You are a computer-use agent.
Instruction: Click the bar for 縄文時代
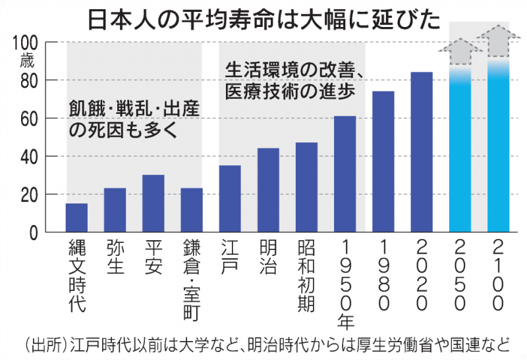click(76, 218)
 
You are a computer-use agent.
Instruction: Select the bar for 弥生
click(115, 211)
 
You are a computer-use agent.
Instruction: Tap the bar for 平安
click(153, 203)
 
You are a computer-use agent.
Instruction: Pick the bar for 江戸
click(230, 199)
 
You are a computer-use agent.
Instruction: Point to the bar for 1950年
click(345, 174)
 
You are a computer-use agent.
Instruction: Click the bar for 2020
click(422, 152)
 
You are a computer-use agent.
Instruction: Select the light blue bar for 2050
click(460, 151)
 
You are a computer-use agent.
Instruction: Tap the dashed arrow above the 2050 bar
click(460, 50)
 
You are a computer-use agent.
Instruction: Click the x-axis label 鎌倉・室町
click(192, 276)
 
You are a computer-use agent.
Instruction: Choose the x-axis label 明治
click(268, 255)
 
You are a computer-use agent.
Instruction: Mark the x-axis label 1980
click(383, 276)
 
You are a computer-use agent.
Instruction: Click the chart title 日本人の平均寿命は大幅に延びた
click(263, 18)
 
